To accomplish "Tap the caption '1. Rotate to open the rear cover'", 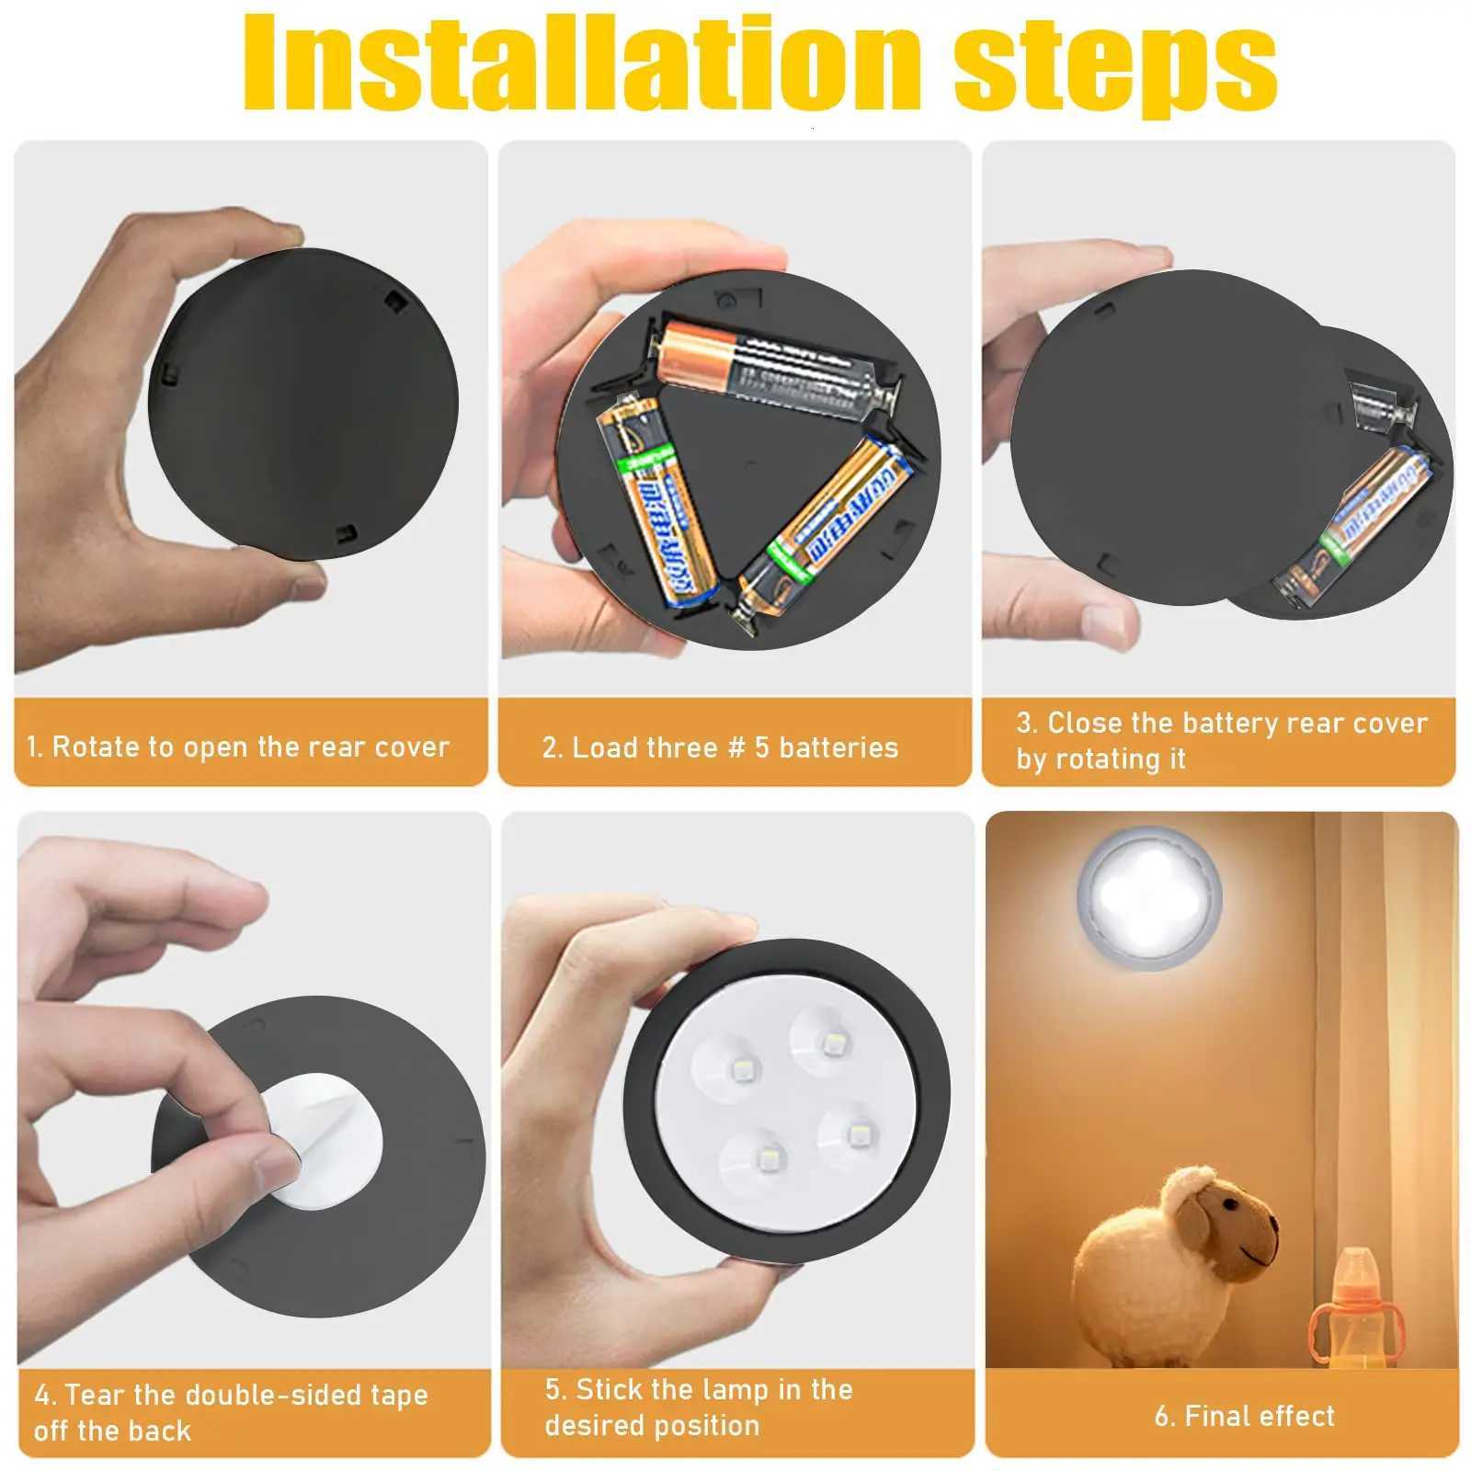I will coord(238,747).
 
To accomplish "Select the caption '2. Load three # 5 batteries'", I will coord(720,747).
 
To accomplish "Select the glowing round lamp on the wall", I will coord(1149,896).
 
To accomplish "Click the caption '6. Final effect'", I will coord(1244,1416).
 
